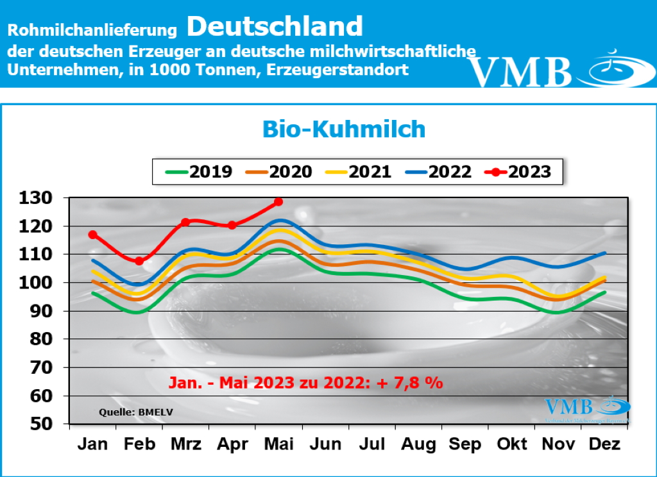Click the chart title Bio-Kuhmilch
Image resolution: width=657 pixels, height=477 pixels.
coord(344,129)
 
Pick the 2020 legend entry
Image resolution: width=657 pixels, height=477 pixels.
coord(275,171)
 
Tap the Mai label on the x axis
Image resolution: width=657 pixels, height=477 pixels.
coord(278,444)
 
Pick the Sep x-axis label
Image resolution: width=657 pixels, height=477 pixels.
coord(465,444)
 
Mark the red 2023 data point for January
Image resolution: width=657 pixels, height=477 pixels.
coord(93,235)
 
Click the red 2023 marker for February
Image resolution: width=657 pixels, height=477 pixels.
coord(139,261)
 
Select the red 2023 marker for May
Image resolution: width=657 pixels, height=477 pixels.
coord(278,202)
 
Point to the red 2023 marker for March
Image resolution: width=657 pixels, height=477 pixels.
coord(185,222)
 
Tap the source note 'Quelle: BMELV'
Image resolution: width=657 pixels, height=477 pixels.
coord(126,412)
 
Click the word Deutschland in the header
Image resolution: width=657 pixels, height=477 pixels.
coord(275,26)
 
